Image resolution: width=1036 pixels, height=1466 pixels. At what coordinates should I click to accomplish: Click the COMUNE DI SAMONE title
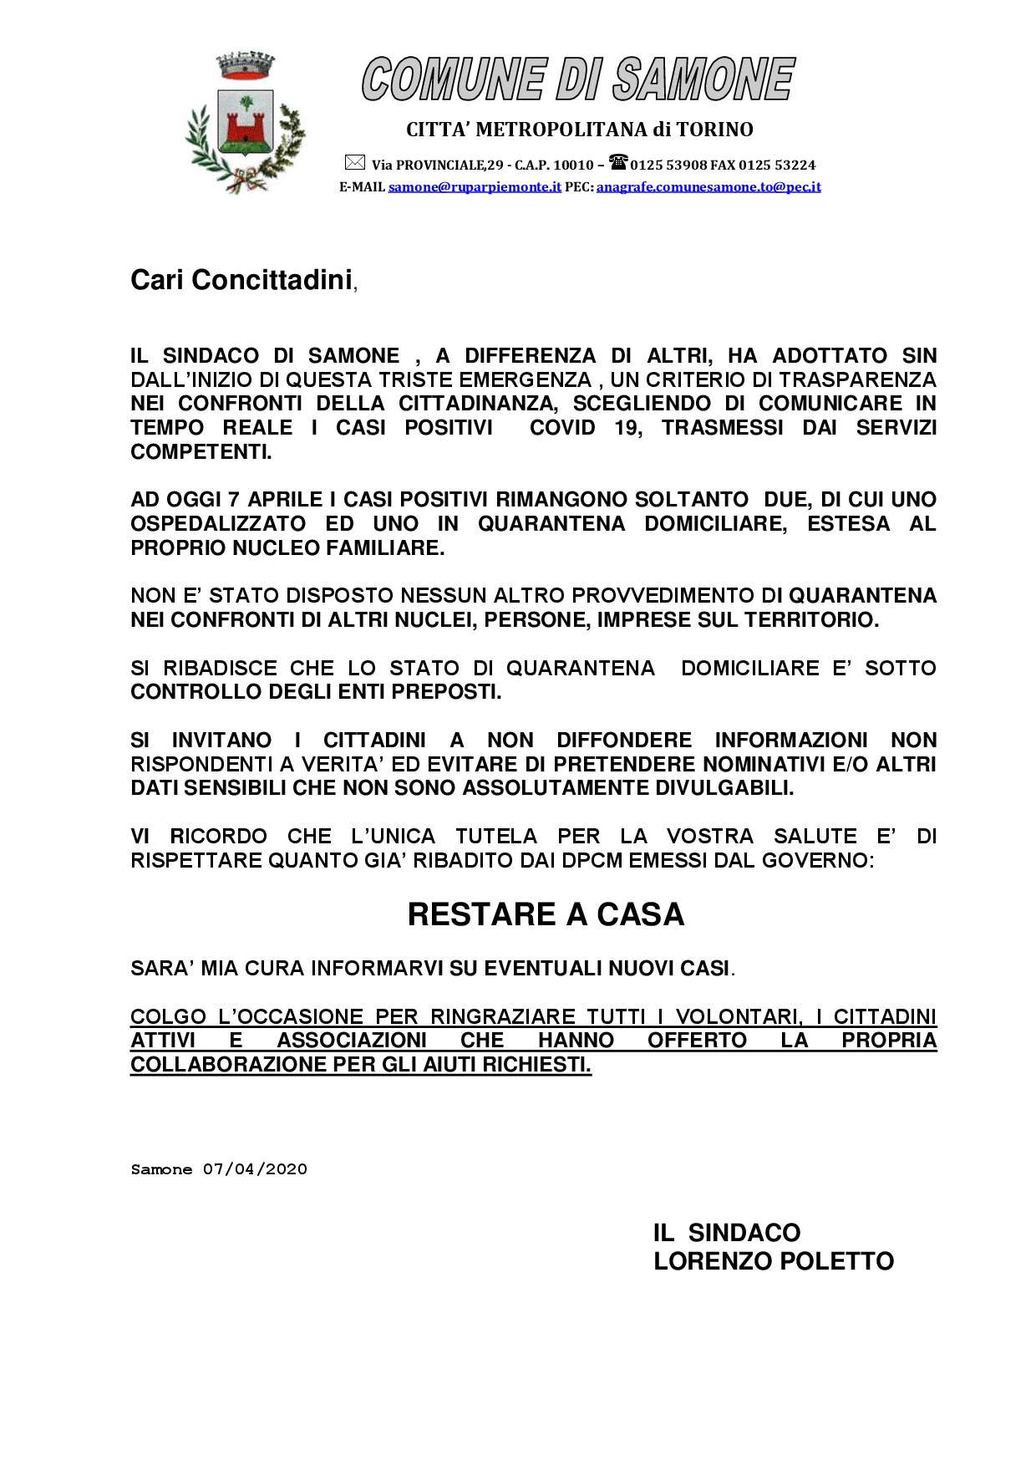click(577, 80)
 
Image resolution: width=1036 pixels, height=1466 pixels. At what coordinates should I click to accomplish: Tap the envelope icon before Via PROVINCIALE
click(354, 163)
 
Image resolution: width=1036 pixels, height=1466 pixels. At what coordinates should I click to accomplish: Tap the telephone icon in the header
click(617, 162)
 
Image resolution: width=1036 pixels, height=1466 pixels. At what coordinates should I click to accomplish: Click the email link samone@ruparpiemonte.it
click(475, 187)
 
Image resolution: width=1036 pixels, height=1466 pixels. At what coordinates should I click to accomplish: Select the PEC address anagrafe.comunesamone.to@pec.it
click(708, 187)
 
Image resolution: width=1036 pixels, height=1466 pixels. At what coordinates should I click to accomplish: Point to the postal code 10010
click(573, 165)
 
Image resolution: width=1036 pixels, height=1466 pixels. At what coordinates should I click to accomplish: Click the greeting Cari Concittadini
click(241, 280)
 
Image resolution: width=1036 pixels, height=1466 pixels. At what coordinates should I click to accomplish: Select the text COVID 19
click(586, 428)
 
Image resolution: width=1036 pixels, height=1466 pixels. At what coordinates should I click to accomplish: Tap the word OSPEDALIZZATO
click(218, 524)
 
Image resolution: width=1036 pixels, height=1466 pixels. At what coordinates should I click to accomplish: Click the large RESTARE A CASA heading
click(546, 914)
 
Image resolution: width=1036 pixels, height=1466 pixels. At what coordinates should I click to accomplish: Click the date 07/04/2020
click(255, 1169)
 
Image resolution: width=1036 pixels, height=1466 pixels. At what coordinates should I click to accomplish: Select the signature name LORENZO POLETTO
click(774, 1261)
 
